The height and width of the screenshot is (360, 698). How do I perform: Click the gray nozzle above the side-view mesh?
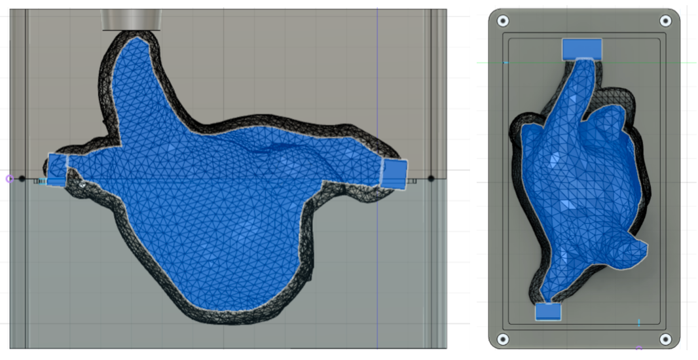coord(132,20)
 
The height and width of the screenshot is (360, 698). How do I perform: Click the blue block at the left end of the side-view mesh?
coord(57,170)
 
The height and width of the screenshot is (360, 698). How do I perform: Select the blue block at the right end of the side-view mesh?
coord(394,174)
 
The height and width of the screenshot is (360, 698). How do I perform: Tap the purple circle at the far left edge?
coord(9,178)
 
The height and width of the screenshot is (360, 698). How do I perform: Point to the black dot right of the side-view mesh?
coord(431,178)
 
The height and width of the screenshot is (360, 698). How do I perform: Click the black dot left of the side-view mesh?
coord(22,178)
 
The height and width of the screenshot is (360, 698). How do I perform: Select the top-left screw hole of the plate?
coord(503,20)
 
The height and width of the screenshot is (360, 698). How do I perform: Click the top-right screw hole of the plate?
coord(665,20)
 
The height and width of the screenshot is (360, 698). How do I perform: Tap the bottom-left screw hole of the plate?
coord(503,338)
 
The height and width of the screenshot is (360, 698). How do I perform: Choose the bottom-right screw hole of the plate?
coord(665,338)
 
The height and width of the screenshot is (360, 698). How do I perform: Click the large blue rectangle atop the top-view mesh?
coord(581,48)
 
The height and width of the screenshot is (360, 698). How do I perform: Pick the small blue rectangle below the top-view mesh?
coord(548,312)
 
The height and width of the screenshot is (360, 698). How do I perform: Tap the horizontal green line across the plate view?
coord(681,63)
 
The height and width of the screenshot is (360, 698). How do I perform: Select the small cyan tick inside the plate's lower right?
coord(639,323)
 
